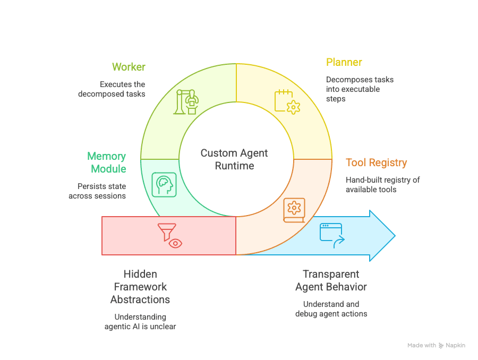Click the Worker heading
129,67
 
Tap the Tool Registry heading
376,162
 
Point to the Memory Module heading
107,162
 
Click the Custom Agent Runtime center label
234,159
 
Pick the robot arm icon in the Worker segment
185,101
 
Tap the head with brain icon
164,184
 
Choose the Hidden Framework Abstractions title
140,287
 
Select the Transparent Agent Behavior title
331,280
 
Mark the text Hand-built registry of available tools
382,184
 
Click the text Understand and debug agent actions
331,309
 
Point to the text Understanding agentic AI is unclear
140,321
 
